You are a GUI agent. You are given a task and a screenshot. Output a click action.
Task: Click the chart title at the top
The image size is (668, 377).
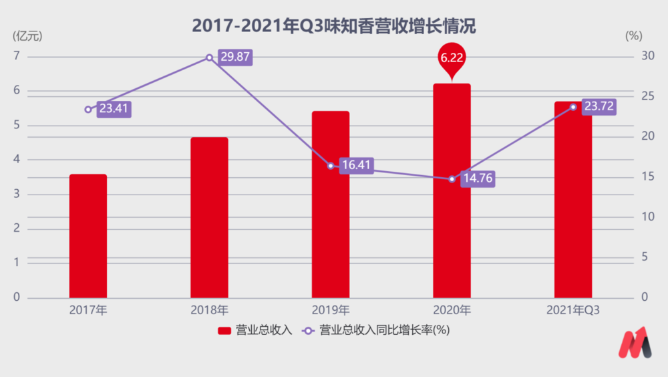333,27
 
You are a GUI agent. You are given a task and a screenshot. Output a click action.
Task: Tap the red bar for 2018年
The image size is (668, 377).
209,217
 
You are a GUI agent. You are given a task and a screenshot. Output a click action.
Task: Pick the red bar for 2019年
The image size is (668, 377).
331,204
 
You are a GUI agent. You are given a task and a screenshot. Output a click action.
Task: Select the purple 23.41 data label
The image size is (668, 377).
114,109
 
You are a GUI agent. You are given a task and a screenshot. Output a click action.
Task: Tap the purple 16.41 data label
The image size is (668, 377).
356,165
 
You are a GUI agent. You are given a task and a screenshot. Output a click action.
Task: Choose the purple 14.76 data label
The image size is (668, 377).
478,178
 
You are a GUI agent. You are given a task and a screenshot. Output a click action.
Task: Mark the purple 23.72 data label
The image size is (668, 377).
599,106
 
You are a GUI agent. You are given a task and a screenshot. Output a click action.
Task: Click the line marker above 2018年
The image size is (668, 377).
209,57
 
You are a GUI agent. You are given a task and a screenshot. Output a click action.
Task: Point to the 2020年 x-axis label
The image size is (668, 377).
452,310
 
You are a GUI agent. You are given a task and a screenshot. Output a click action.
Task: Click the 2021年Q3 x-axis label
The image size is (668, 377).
573,310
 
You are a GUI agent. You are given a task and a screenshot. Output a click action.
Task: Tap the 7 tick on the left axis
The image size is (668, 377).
16,56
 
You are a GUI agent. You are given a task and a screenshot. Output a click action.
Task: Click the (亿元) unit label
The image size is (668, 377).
27,36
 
